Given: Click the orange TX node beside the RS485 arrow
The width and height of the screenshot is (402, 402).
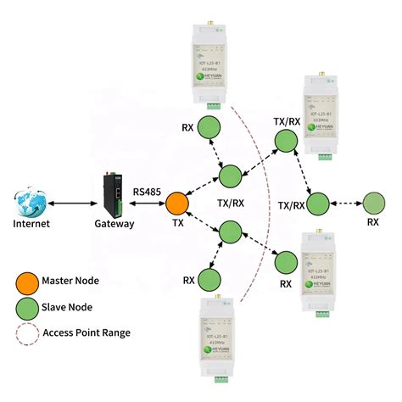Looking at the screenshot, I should coord(177,204).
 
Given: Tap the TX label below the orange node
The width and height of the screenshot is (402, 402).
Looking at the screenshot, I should coord(177,224).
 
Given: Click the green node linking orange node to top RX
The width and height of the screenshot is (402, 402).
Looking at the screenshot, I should coord(230,176).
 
